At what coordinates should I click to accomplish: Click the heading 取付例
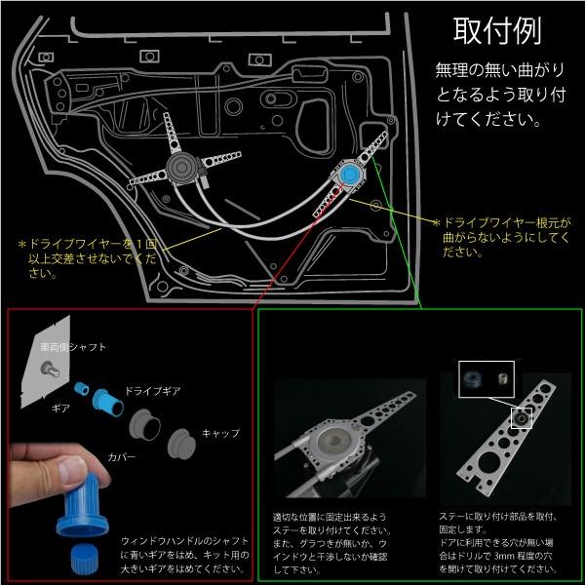(497, 32)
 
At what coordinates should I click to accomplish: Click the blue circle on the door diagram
(349, 175)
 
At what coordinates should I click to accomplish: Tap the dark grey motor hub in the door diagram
(181, 172)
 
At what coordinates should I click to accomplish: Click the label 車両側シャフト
(74, 347)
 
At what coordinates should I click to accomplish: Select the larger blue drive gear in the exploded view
(104, 401)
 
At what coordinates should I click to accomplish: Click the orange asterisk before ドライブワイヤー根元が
(438, 222)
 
